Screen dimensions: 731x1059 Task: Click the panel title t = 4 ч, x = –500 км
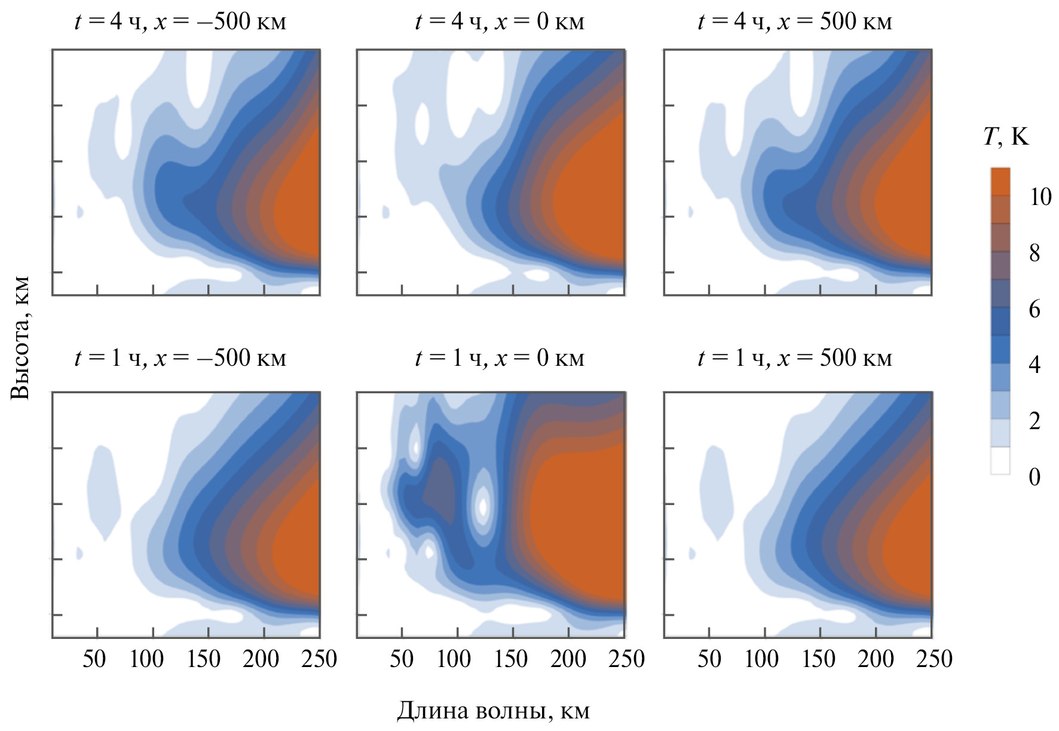(x=180, y=22)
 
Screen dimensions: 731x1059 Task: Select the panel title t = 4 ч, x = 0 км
(x=500, y=22)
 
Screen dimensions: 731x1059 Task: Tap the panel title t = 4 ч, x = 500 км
(x=794, y=22)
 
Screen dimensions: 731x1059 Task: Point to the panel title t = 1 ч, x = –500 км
(x=180, y=358)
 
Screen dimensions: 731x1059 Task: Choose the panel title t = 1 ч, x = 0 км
(x=500, y=358)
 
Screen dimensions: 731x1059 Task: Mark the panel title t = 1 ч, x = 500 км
(x=794, y=358)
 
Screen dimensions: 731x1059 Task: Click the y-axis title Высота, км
(x=20, y=338)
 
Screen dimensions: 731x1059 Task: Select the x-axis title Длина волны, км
(x=493, y=711)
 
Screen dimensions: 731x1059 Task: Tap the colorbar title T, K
(x=1006, y=137)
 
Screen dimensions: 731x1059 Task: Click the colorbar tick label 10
(x=1040, y=197)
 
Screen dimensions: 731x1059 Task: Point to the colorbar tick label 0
(x=1034, y=477)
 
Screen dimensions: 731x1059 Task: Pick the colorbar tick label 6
(x=1034, y=309)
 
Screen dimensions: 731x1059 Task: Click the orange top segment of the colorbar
(x=1000, y=182)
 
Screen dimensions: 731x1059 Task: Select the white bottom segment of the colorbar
(x=1000, y=461)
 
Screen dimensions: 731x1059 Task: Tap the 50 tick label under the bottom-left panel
(x=94, y=659)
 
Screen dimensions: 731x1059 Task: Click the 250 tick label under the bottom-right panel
(x=934, y=659)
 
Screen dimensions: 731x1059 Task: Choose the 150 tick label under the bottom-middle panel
(x=511, y=659)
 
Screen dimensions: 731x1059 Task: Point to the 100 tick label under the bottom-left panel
(x=147, y=659)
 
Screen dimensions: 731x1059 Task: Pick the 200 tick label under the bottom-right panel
(x=876, y=659)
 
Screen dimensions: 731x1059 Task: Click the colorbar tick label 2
(x=1034, y=421)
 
